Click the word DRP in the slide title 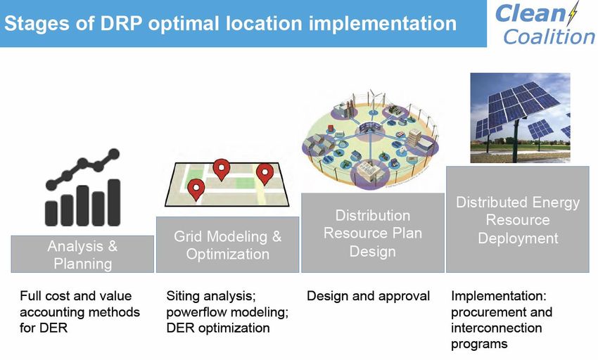click(120, 23)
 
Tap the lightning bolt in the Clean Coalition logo click(572, 14)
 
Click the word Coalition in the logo click(549, 37)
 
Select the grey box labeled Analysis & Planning click(82, 254)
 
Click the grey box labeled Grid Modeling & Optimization click(228, 245)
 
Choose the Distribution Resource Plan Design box click(373, 233)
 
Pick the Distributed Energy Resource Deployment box click(518, 219)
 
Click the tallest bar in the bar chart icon click(114, 202)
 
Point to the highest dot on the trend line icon click(114, 154)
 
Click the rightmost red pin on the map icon click(265, 174)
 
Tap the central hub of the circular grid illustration click(370, 127)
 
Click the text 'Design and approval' click(369, 296)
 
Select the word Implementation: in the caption click(499, 296)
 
